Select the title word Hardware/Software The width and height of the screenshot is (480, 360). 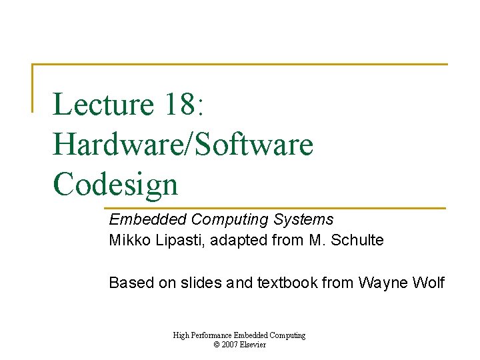(183, 145)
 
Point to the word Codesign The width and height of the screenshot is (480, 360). (115, 185)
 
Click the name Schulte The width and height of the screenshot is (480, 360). (361, 241)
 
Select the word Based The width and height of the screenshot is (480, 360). (127, 283)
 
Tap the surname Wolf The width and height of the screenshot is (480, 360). (428, 283)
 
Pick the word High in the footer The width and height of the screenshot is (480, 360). (181, 335)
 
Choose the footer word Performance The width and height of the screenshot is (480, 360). (213, 335)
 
